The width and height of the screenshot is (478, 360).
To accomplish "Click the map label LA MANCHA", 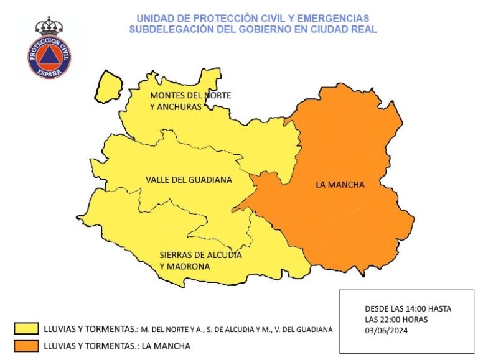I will pos(340,185).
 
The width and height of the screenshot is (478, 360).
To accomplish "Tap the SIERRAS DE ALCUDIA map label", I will pos(200,255).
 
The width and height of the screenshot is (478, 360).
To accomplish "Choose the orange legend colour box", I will pos(26,346).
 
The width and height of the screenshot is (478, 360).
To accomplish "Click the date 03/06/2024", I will pos(387,331).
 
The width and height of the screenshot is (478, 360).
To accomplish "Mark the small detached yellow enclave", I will pos(110,86).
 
